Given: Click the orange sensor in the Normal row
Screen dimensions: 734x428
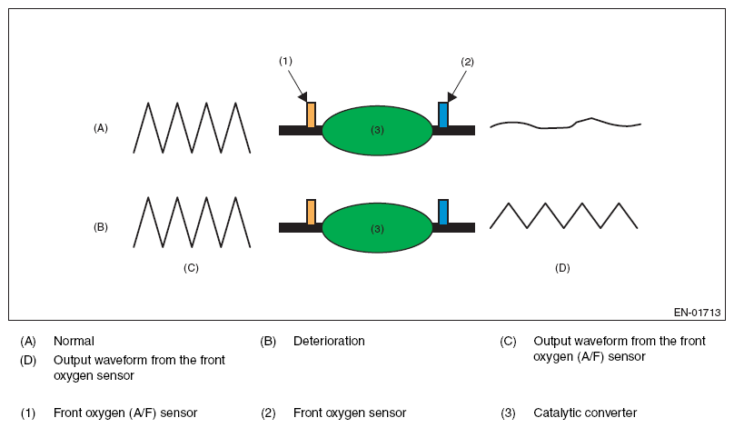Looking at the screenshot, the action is coord(311,114).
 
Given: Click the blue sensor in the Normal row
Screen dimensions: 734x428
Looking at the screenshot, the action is coord(442,114).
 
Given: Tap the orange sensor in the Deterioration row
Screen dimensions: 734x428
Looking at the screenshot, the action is coord(311,212).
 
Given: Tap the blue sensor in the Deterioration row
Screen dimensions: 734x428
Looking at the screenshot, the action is coord(442,212).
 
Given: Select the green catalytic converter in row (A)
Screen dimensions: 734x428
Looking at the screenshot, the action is coord(377,130).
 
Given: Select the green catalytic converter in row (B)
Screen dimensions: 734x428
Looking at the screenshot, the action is coord(377,228).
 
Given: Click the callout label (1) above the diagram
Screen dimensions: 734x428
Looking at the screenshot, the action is coord(285,61).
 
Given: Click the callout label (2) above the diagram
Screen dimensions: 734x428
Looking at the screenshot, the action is coord(467,62).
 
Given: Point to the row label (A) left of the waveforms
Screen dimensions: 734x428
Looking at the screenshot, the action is coord(101,128).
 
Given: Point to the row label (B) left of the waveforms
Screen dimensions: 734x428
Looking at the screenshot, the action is coord(101,227).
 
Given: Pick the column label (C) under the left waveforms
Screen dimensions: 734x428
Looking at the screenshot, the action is coord(191,268).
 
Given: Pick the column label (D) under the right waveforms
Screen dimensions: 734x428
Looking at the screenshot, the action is coord(562,268).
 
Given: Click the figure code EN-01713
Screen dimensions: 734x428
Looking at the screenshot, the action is coord(697,313).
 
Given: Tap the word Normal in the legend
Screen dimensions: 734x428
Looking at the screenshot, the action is coord(74,341).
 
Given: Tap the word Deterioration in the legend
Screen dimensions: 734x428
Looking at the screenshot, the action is coord(329,341).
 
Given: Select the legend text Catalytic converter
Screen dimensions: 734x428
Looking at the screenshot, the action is coord(585,413).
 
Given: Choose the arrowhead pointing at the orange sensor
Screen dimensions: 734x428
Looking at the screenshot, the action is coord(303,97).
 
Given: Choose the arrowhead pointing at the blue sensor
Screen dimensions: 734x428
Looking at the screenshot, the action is coord(451,97).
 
